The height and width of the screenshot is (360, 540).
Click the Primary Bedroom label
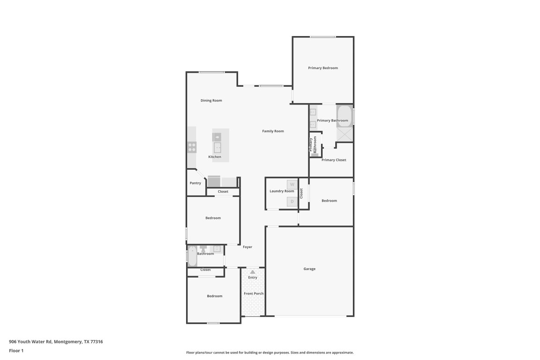coord(323,68)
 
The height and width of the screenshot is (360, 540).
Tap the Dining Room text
coord(211,100)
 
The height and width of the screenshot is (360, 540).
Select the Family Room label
coord(273,131)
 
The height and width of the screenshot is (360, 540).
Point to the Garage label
coord(309,269)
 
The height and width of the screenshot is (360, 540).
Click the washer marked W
coord(292,185)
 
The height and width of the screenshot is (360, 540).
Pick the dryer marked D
coord(292,202)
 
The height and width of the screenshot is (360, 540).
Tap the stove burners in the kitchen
coord(192,147)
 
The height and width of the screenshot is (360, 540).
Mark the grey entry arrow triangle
coord(253,271)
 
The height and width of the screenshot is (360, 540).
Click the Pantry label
coord(195,183)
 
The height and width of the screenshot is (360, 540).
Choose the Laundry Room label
coord(282,191)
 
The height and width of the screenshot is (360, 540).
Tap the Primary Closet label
coord(334,160)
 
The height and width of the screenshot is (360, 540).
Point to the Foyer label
coord(247,247)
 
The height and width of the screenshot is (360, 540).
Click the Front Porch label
coord(254,293)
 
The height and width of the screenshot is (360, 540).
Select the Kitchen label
coord(215,157)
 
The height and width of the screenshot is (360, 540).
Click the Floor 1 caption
coord(16,351)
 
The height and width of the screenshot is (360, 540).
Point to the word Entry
coord(253,277)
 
